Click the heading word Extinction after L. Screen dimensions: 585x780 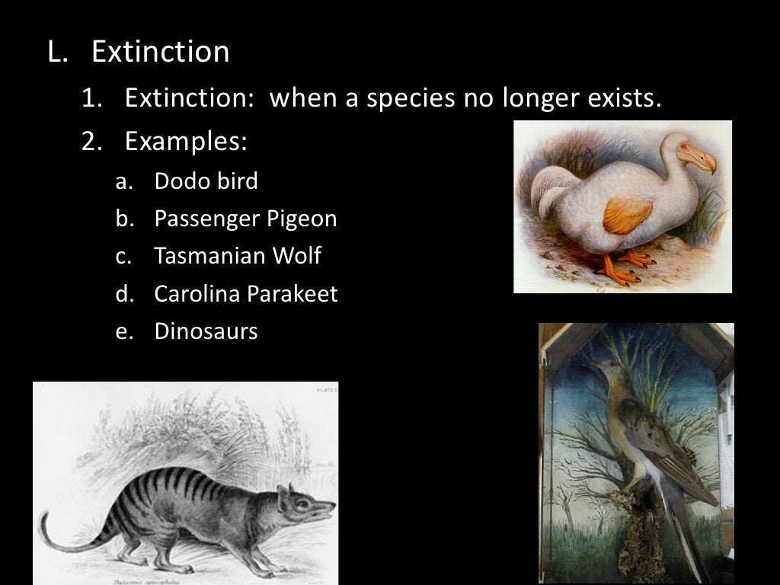pyautogui.click(x=160, y=52)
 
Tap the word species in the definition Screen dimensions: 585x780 pyautogui.click(x=411, y=97)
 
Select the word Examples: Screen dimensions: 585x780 pyautogui.click(x=186, y=142)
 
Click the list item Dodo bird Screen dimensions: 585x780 pyautogui.click(x=206, y=181)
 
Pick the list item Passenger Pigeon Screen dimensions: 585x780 pyautogui.click(x=245, y=219)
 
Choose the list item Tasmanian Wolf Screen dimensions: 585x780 pyautogui.click(x=237, y=256)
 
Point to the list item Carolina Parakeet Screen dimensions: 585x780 pyautogui.click(x=245, y=294)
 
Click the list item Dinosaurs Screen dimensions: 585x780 pyautogui.click(x=206, y=331)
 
